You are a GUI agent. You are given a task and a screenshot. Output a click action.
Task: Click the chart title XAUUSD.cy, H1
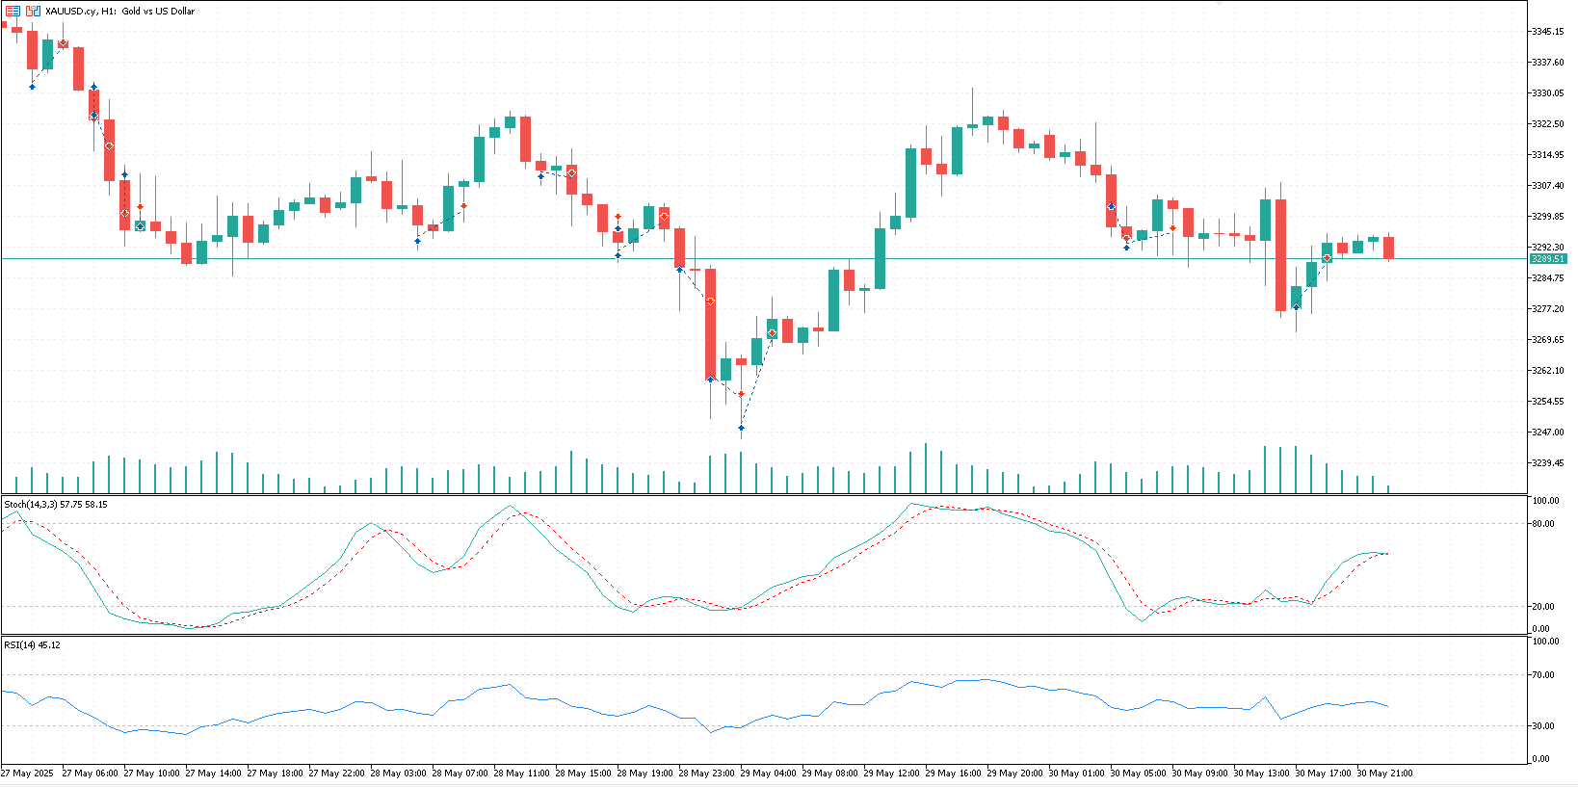click(76, 12)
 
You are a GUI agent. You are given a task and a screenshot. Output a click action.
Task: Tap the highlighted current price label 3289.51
click(1548, 259)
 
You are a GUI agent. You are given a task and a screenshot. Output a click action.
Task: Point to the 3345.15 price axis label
click(1547, 32)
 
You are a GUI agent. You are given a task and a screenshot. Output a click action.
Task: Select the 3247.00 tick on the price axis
click(1547, 432)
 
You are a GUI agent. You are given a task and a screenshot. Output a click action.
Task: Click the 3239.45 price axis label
click(1547, 463)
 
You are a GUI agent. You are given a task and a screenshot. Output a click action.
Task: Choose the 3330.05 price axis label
click(1547, 93)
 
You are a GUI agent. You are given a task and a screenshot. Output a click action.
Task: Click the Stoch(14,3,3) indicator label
click(31, 505)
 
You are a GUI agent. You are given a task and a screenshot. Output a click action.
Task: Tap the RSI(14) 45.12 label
click(33, 644)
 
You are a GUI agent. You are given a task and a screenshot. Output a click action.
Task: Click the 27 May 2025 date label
click(28, 773)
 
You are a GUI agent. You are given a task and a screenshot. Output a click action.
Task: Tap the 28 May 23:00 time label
click(706, 773)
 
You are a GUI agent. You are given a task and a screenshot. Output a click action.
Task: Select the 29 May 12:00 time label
click(892, 773)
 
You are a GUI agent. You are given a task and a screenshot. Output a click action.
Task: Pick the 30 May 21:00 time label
click(1385, 773)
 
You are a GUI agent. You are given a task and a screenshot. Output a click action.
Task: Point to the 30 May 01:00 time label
click(1076, 773)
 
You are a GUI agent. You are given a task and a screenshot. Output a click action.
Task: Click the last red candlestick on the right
click(1388, 248)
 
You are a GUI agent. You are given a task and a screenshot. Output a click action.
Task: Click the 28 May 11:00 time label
click(521, 773)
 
